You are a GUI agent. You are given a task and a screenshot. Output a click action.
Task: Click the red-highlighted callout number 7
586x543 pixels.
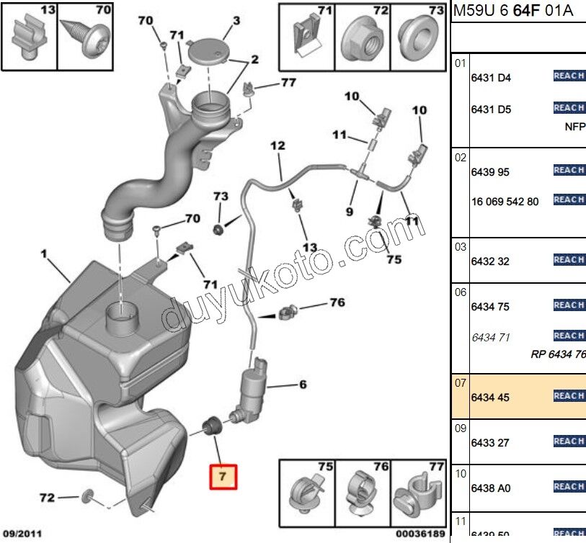(x=223, y=476)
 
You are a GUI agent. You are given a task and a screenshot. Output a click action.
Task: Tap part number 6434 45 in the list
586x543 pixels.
(x=489, y=397)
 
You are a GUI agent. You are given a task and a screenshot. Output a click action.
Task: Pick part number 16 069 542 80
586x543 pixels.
(x=505, y=202)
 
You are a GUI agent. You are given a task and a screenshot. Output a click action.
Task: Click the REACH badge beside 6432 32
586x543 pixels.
(x=569, y=260)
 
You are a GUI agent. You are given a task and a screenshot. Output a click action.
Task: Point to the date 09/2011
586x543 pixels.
(x=24, y=534)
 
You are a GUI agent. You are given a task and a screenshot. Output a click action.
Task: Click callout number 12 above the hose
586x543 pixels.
(x=278, y=147)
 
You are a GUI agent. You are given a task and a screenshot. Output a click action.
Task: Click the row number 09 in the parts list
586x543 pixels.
(x=461, y=427)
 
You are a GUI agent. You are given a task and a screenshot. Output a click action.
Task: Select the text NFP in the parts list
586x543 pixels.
(x=574, y=125)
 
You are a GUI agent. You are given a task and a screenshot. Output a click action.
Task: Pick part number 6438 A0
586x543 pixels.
(x=490, y=488)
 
